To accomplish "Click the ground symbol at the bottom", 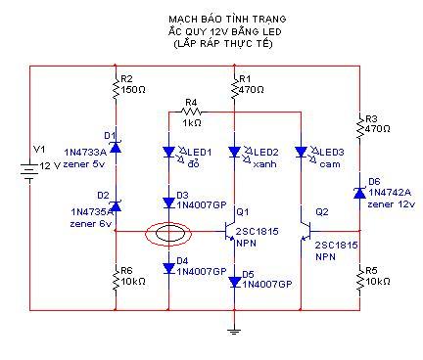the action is pos(234,332).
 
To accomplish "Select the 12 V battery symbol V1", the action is pos(29,172).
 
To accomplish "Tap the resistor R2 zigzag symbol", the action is pos(116,88).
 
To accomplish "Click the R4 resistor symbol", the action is pos(191,112).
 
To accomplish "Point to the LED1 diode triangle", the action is pos(168,152).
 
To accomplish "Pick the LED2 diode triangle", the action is pos(234,152).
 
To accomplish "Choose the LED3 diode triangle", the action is pos(301,152).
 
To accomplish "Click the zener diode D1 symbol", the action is pos(116,148).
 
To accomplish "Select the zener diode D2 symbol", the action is pos(116,205).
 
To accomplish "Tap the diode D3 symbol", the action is pos(168,202).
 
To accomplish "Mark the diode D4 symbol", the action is pos(168,268).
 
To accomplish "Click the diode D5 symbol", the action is pos(234,282).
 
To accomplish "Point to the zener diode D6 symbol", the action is pos(359,193).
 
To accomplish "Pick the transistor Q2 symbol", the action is pos(305,232).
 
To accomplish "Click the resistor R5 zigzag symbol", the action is pos(359,281).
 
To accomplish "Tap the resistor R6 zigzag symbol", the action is pos(116,281).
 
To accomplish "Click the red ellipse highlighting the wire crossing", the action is pos(146,233).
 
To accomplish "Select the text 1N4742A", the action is pos(390,193).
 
